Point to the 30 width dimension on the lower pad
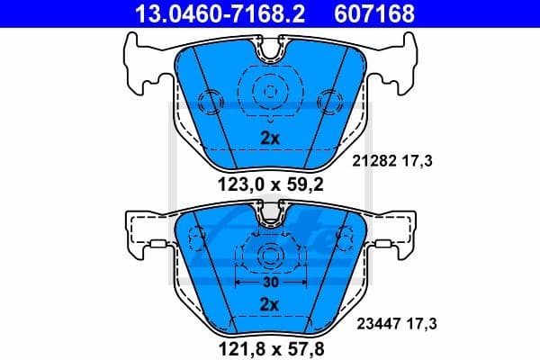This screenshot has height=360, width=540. (268, 282)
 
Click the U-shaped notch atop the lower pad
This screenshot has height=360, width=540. (268, 215)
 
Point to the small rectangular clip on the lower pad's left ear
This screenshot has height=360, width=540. (159, 244)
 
